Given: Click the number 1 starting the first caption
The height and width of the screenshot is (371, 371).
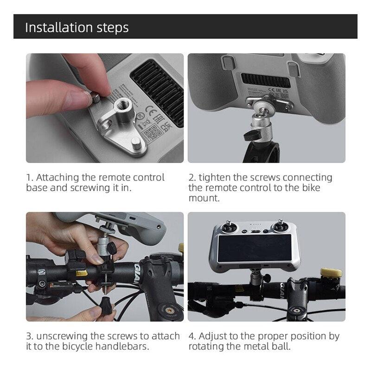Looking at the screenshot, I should coord(29,178).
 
